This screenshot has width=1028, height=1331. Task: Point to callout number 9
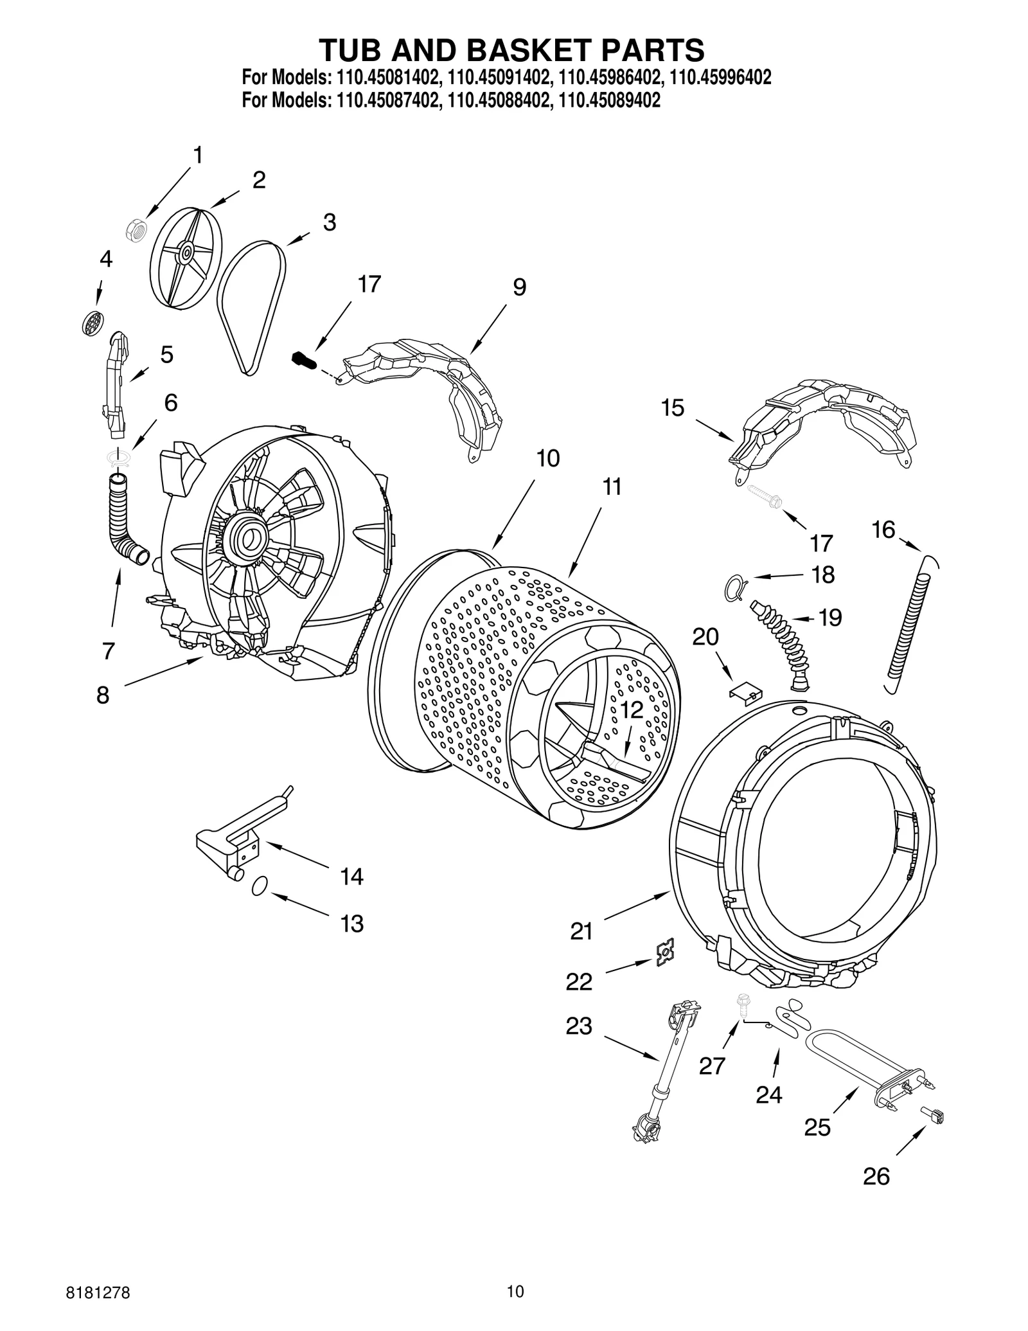coord(519,287)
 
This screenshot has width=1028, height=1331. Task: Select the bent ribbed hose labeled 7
coord(125,520)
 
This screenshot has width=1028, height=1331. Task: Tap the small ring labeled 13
coord(259,886)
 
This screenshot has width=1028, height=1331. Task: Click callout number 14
coord(351,877)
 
